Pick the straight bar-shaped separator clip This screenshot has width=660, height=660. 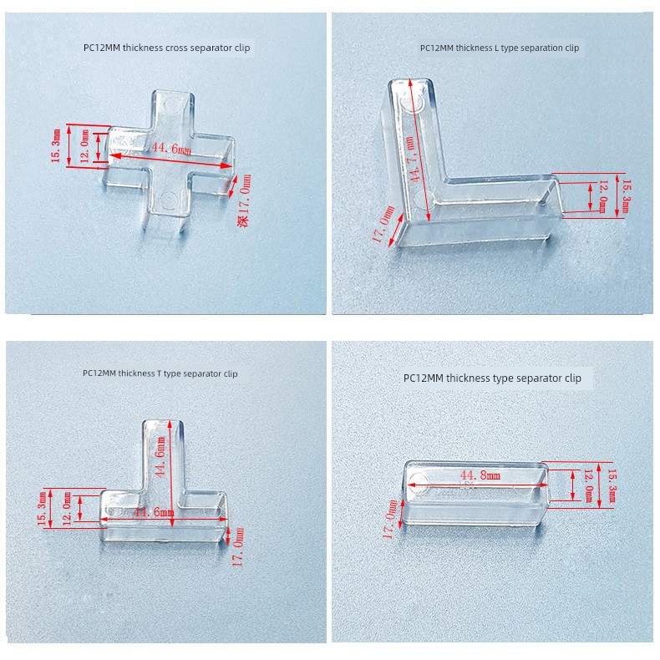pyautogui.click(x=475, y=493)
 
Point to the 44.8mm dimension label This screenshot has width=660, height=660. pyautogui.click(x=480, y=475)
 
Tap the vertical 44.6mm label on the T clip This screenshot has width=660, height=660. pyautogui.click(x=160, y=456)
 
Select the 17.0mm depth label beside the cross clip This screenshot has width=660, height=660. pyautogui.click(x=244, y=201)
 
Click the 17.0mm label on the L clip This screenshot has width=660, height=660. pyautogui.click(x=383, y=224)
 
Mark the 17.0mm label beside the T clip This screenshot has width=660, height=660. pyautogui.click(x=238, y=546)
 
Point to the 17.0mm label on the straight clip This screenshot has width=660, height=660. pyautogui.click(x=390, y=519)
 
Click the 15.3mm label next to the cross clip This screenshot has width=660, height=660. pyautogui.click(x=56, y=145)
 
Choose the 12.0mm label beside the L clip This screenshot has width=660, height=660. pyautogui.click(x=602, y=196)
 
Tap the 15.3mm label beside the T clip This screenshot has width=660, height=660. pyautogui.click(x=42, y=508)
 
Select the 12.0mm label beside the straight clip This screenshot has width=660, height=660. pyautogui.click(x=588, y=485)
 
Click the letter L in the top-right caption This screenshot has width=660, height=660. pyautogui.click(x=497, y=48)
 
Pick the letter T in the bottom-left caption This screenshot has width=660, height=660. pyautogui.click(x=159, y=373)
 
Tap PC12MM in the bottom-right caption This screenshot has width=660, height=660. pyautogui.click(x=424, y=378)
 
